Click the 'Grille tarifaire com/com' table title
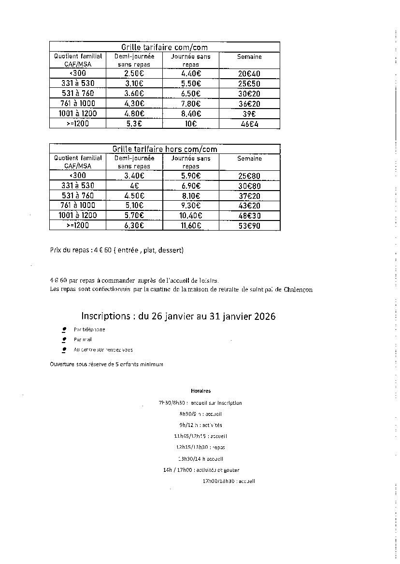[164, 47]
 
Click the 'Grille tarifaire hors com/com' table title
[164, 149]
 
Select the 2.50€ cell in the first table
[135, 73]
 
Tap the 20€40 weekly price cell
[249, 74]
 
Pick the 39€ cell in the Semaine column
[249, 114]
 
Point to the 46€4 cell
[249, 124]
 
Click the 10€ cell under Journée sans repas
[191, 124]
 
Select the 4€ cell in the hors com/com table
[135, 185]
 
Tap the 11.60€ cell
[191, 225]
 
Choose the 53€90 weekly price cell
[249, 226]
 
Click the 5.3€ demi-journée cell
[135, 124]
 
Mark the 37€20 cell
[249, 196]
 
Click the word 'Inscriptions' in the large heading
[105, 316]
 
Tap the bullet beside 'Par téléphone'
[64, 330]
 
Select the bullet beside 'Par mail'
[64, 340]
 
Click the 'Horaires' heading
[200, 391]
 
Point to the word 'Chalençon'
[295, 289]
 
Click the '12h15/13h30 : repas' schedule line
[200, 448]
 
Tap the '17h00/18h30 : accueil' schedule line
[229, 481]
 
